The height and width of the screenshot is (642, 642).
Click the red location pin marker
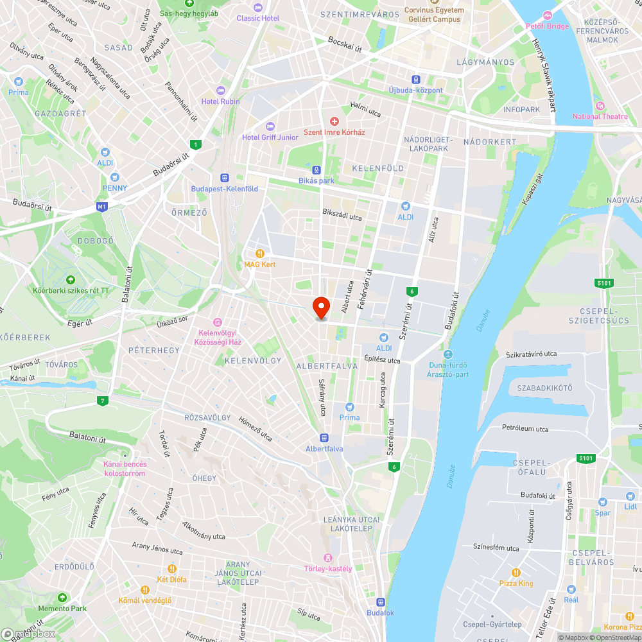point(320,307)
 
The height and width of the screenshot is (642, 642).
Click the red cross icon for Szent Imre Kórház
point(334,121)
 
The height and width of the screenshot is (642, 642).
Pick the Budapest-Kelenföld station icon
point(225,178)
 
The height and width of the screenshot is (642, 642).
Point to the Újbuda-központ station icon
point(416,80)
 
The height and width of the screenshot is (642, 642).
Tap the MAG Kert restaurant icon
point(260,254)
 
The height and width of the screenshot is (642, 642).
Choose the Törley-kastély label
point(327,568)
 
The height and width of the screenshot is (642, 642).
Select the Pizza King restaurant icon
point(516,573)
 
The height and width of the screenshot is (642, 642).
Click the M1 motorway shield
point(101,207)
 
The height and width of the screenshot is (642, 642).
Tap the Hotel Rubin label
point(221,101)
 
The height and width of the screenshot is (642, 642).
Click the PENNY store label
point(114,188)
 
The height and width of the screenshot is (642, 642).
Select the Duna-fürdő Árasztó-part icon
point(448,354)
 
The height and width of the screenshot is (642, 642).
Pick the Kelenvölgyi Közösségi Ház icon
point(218,322)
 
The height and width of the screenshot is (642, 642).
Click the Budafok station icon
point(381,602)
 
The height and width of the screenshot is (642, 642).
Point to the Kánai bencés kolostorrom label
point(125,469)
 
